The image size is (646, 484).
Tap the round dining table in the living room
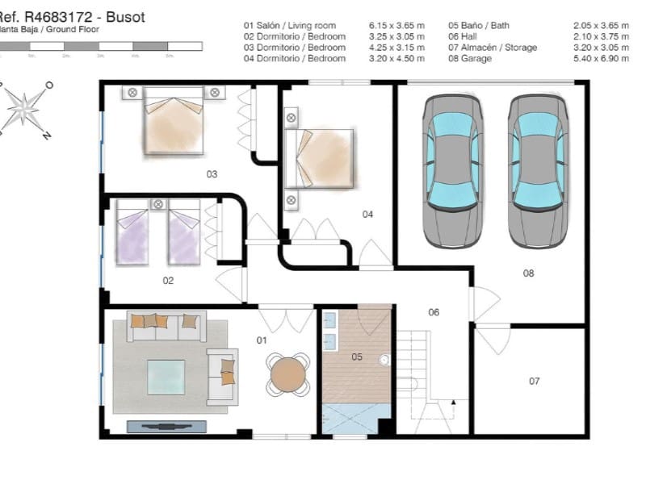tap(288, 374)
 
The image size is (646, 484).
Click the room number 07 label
tap(534, 381)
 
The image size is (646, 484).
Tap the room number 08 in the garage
tap(528, 273)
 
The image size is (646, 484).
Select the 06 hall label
tap(434, 312)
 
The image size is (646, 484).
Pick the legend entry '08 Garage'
tap(470, 59)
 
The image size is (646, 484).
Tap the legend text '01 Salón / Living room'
tap(289, 26)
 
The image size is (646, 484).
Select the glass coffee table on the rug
tap(166, 377)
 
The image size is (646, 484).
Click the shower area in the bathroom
tap(355, 419)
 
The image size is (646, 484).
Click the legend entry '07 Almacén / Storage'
tap(493, 48)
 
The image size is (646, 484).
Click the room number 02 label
tap(169, 281)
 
